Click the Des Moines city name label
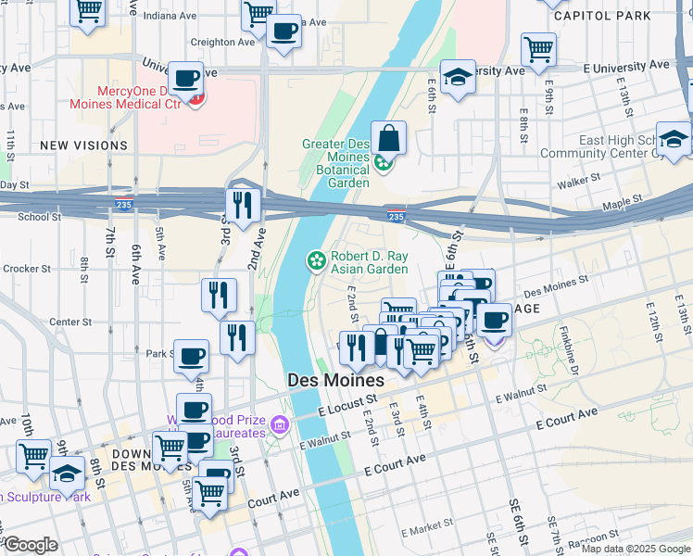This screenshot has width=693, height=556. coord(335,381)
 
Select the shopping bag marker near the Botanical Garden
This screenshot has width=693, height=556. coord(390,139)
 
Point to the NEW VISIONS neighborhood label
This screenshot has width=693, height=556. coord(83,145)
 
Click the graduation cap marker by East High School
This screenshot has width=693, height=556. coord(674,139)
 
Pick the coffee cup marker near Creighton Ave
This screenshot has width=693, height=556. coord(283,32)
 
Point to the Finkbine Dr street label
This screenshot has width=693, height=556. coord(574,353)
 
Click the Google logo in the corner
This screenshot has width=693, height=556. coord(30,544)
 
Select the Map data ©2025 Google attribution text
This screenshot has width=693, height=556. coord(635,549)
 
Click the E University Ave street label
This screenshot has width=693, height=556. coord(625,66)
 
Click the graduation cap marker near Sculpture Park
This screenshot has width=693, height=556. coord(67,475)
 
